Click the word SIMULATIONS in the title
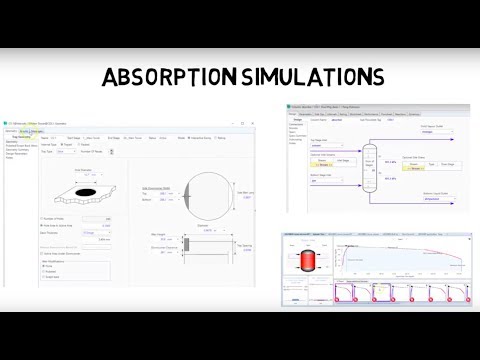tap(312, 77)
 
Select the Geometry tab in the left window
tap(11, 131)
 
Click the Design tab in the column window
tap(294, 113)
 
